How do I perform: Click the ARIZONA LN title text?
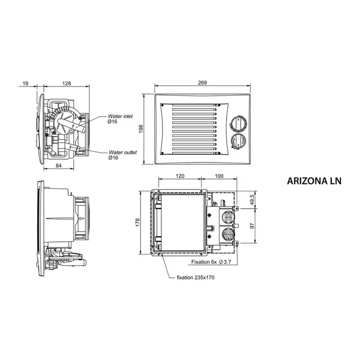pyautogui.click(x=314, y=182)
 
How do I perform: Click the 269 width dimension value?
pyautogui.click(x=202, y=83)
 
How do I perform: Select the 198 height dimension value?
pyautogui.click(x=142, y=129)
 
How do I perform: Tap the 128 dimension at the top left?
pyautogui.click(x=66, y=83)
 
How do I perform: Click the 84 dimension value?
pyautogui.click(x=58, y=165)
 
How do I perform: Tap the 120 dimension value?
pyautogui.click(x=180, y=176)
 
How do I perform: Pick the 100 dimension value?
pyautogui.click(x=219, y=176)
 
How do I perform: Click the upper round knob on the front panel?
pyautogui.click(x=237, y=124)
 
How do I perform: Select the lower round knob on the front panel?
pyautogui.click(x=237, y=141)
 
